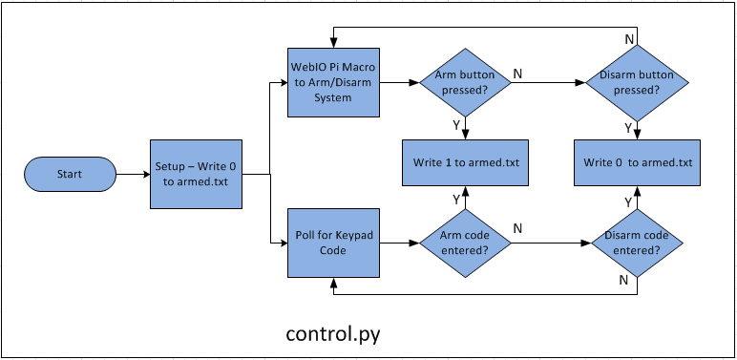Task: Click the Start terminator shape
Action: click(70, 175)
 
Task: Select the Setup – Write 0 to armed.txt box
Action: click(197, 175)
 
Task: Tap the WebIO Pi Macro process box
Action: click(334, 83)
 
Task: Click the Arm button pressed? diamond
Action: click(465, 83)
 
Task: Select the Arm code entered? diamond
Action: click(465, 244)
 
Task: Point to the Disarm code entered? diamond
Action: click(638, 244)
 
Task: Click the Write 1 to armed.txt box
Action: click(465, 162)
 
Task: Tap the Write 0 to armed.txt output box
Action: click(638, 162)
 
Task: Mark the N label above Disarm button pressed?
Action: click(628, 38)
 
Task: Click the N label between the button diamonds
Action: click(517, 73)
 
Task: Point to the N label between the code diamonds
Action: click(517, 229)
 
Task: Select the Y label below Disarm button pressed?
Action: click(627, 126)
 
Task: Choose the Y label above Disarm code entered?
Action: click(627, 201)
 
